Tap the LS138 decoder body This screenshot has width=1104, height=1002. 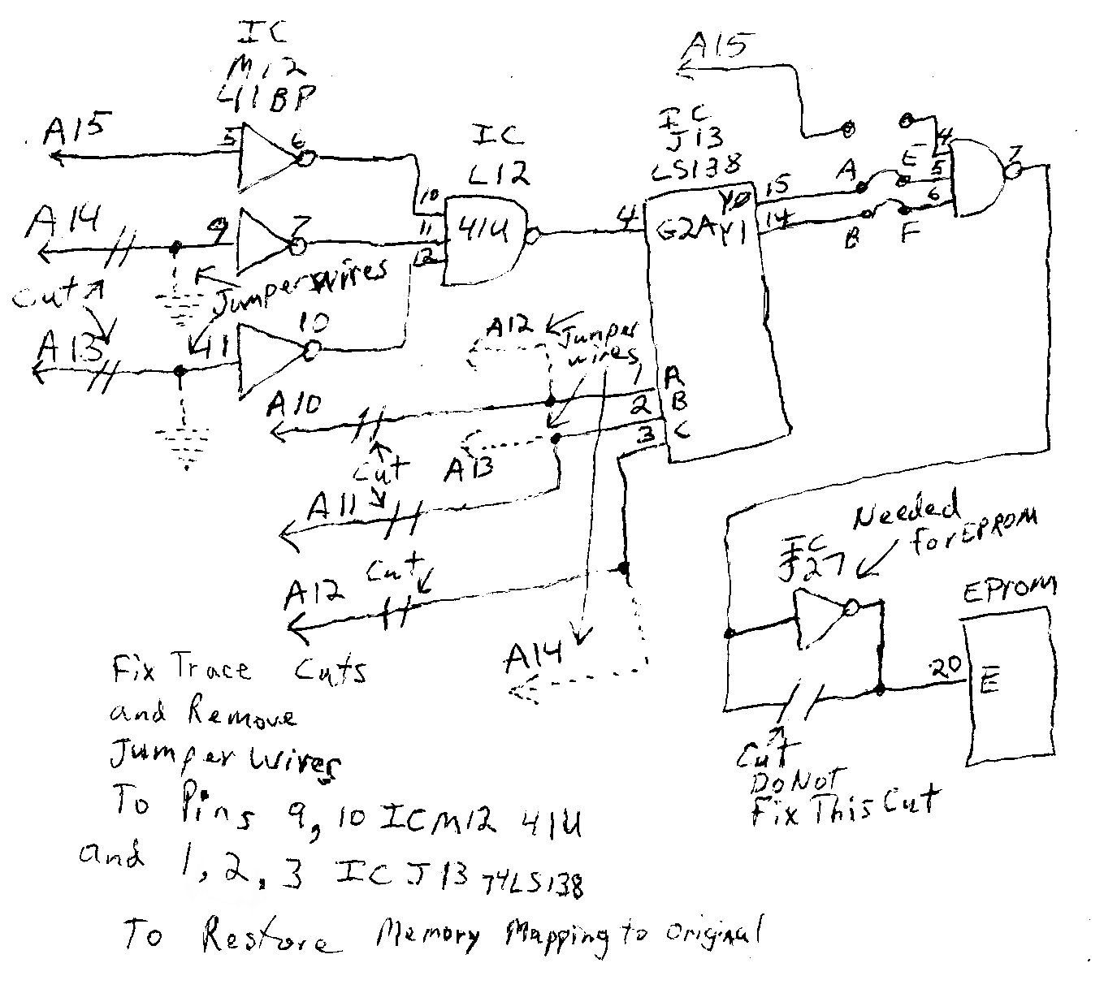pyautogui.click(x=715, y=325)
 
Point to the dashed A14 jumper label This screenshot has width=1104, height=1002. pyautogui.click(x=532, y=659)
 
